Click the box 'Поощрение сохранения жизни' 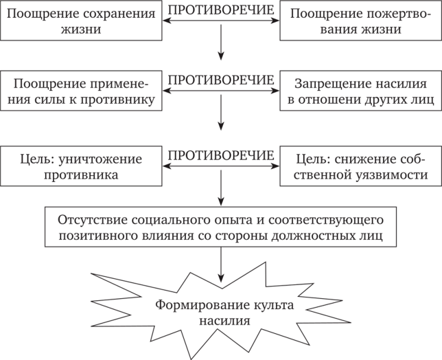(x=80, y=22)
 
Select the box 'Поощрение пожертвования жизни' (x=360, y=22)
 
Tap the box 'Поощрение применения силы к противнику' (x=80, y=92)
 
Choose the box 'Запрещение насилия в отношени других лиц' (x=360, y=92)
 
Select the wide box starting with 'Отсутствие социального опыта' (x=220, y=227)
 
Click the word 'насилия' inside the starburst (x=220, y=320)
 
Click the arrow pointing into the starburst (x=220, y=260)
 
